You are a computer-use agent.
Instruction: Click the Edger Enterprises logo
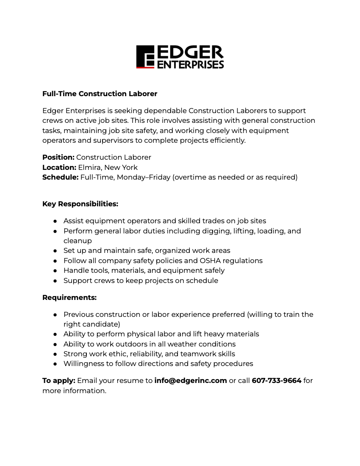click(x=180, y=57)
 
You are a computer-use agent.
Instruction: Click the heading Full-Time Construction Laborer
click(x=100, y=94)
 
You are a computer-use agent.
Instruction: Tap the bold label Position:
click(x=58, y=157)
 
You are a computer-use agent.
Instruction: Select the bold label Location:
click(x=59, y=167)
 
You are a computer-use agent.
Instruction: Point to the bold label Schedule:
click(x=60, y=177)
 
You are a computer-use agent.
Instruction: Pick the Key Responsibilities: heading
click(x=80, y=204)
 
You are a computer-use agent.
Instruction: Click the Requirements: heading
click(x=69, y=297)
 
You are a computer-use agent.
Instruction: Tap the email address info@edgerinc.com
click(x=191, y=380)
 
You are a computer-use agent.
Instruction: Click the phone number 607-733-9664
click(x=277, y=380)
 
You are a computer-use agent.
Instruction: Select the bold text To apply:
click(x=58, y=380)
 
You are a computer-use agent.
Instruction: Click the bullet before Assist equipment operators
click(x=55, y=221)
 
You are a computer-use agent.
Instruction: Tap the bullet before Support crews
click(x=55, y=280)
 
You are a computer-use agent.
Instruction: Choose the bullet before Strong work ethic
click(x=55, y=354)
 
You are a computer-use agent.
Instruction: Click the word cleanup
click(x=78, y=241)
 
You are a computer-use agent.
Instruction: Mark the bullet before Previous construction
click(x=55, y=314)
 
